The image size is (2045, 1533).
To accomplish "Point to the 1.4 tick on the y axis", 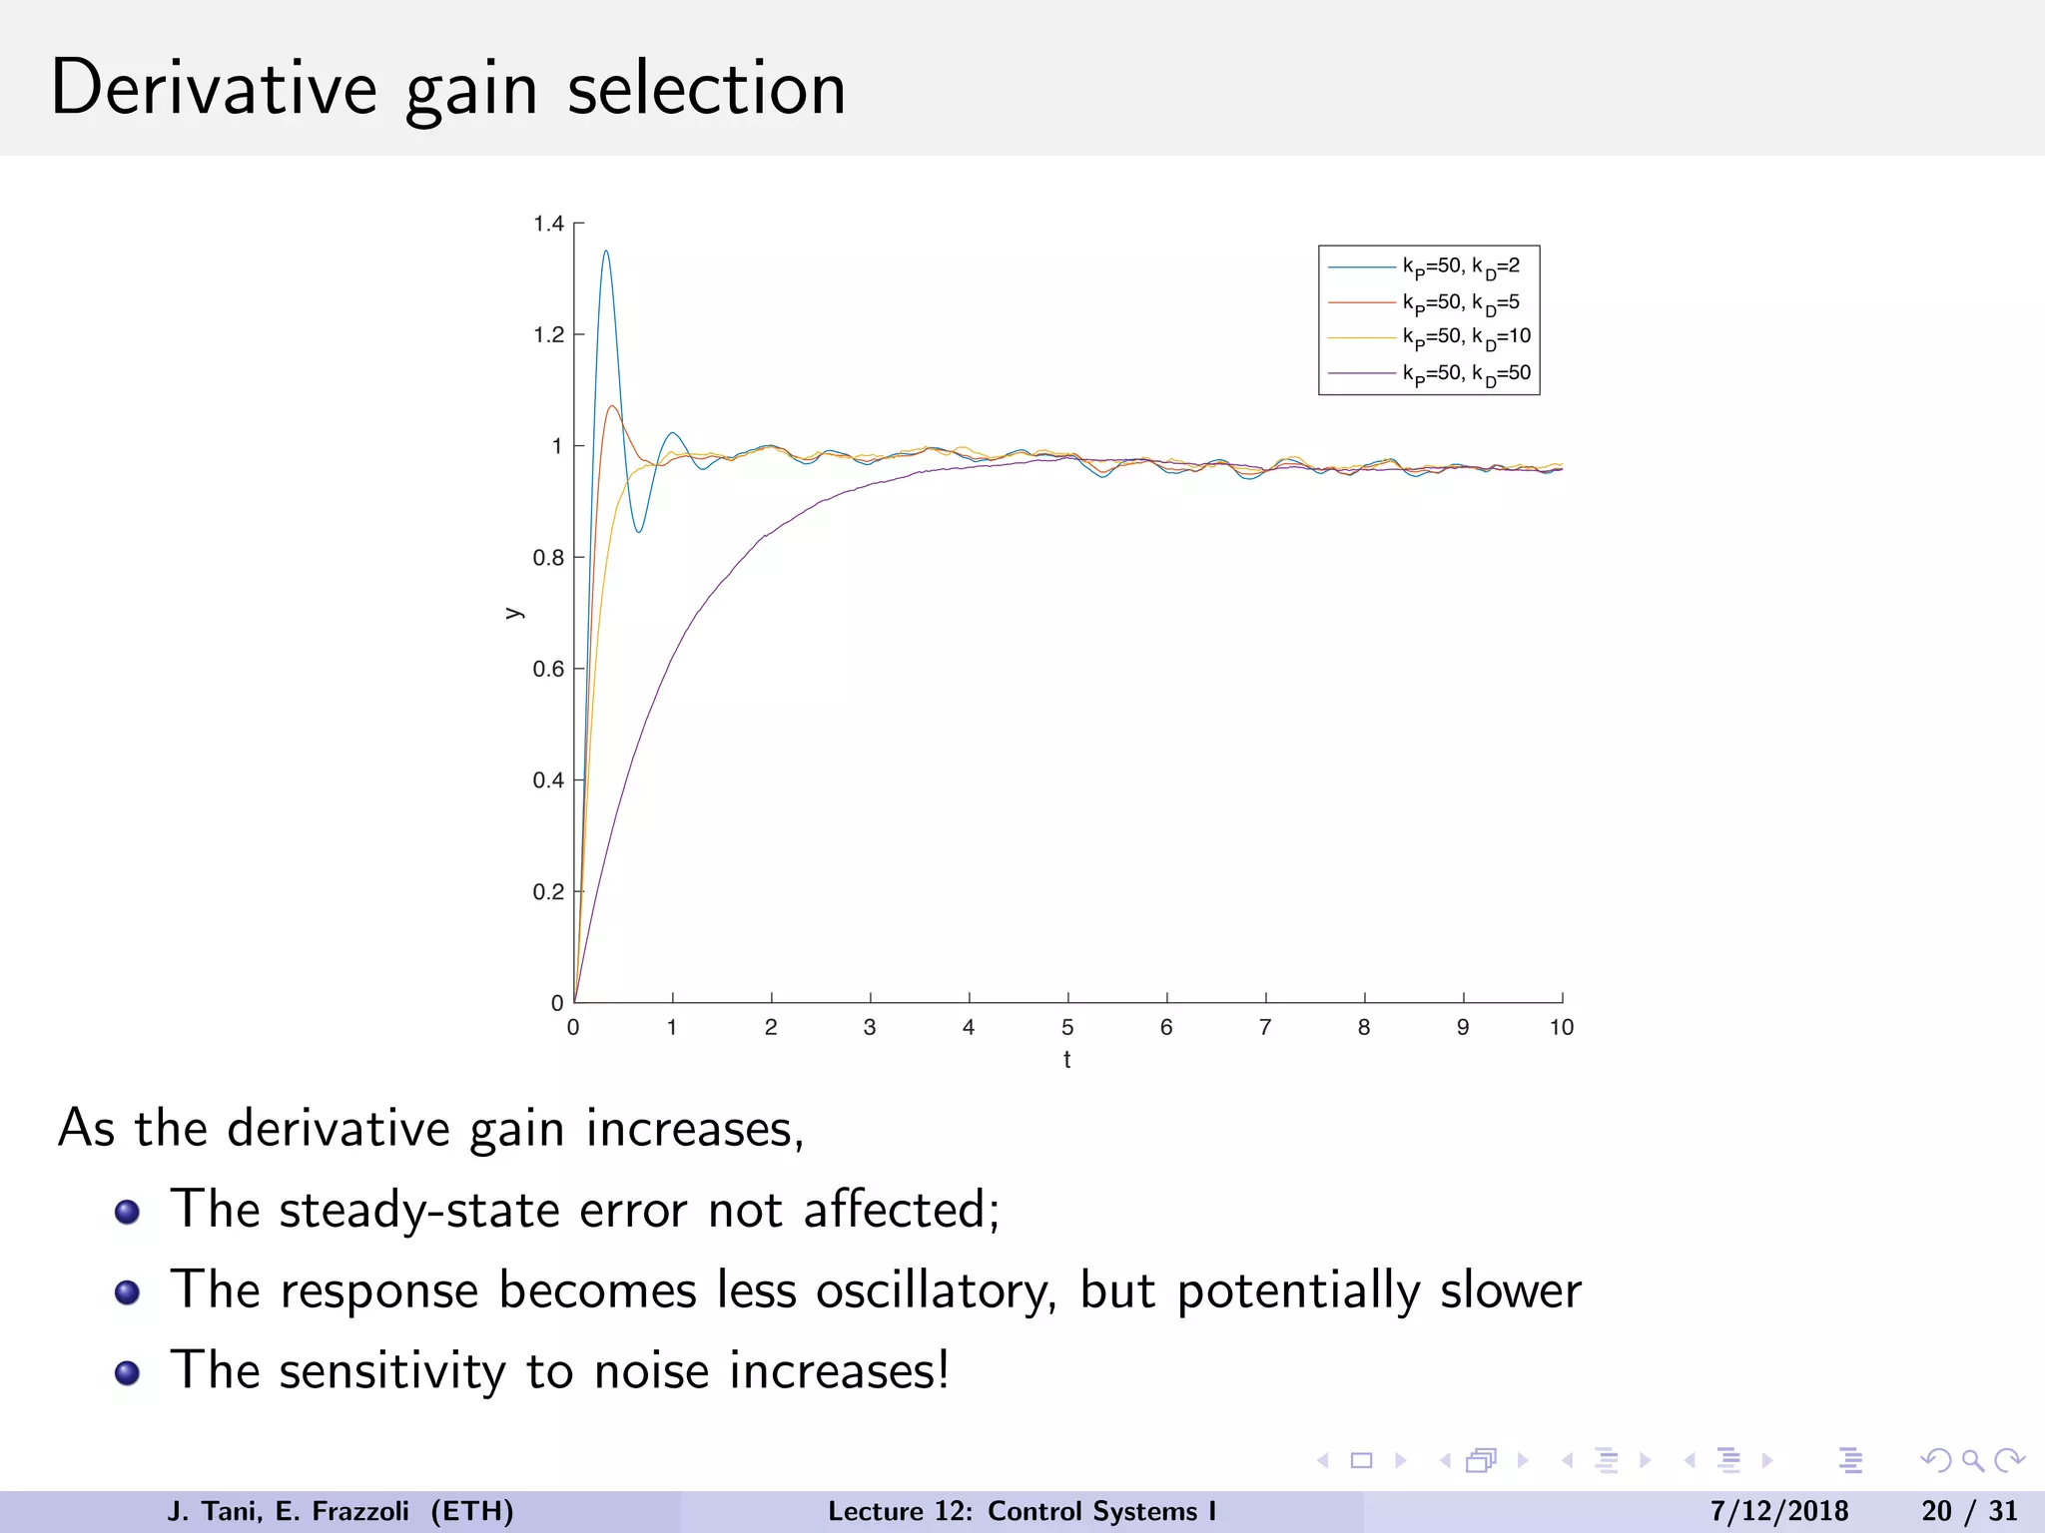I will point(548,224).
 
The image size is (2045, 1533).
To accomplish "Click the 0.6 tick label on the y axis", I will point(548,669).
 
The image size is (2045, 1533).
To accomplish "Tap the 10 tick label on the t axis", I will point(1561,1027).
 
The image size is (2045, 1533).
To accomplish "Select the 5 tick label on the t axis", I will point(1067,1027).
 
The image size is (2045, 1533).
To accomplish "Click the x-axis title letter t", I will point(1067,1060).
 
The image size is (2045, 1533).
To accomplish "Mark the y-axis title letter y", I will point(513,613).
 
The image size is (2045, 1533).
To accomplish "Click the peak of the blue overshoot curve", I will point(605,252).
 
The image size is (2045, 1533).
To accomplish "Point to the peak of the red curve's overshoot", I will point(612,406).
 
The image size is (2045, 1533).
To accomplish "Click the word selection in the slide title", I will point(706,88).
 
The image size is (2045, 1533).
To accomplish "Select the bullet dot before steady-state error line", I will point(127,1212).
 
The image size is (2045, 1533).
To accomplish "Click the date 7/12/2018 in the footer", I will point(1778,1511).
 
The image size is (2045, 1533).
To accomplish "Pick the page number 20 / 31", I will point(1968,1511).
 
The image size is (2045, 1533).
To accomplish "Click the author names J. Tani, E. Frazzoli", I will point(288,1511).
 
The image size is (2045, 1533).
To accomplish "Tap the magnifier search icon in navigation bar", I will point(1972,1461).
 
